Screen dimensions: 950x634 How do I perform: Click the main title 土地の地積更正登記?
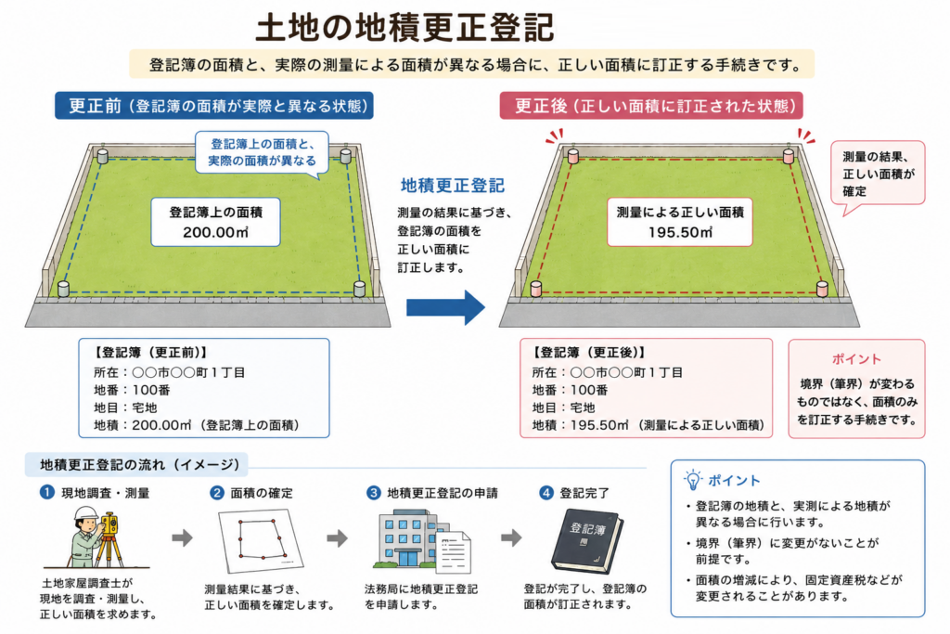coord(404,27)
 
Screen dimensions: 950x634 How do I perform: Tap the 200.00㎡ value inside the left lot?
coord(215,232)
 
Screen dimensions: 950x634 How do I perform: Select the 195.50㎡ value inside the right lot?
coord(680,232)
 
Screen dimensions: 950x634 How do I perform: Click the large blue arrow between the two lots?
coord(445,307)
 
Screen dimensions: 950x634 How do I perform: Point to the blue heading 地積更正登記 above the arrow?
coord(453,186)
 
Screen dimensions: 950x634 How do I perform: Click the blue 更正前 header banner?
coord(214,106)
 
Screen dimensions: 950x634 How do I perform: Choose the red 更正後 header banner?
coord(651,106)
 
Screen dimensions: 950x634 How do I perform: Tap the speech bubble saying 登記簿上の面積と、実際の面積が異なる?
coord(262,153)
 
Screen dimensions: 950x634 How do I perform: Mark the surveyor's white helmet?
coord(85,514)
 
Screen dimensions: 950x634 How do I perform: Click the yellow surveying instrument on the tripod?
coord(109,524)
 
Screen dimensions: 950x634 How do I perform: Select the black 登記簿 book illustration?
coord(586,541)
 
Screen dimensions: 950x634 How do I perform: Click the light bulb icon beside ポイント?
coord(692,479)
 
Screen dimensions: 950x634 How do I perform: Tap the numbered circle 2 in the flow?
coord(216,493)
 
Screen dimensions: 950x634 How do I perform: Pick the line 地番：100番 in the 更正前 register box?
coord(132,390)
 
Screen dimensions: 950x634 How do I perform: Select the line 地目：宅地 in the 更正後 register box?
coord(563,408)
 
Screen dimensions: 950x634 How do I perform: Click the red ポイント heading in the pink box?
coord(856,359)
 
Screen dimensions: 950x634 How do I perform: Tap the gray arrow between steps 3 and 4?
coord(512,537)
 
